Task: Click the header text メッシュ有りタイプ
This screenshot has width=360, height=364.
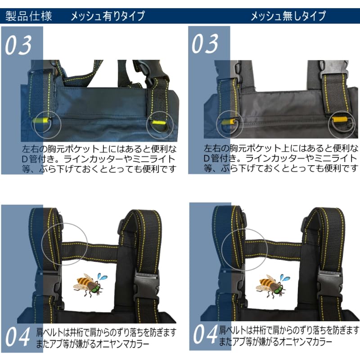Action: click(108, 17)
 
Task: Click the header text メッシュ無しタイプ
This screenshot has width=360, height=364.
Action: click(288, 17)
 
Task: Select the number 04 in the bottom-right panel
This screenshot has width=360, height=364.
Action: click(205, 335)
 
